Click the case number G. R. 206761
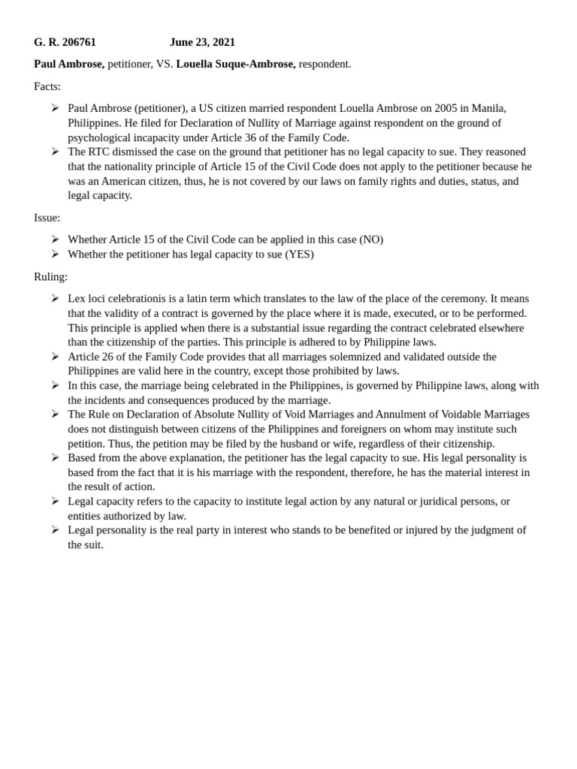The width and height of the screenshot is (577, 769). pos(65,42)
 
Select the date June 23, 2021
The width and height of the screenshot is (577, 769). pos(202,42)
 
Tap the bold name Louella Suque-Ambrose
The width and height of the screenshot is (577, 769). pos(235,64)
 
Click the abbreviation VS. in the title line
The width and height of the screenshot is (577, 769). pos(164,64)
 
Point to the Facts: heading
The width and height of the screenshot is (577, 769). pos(47,86)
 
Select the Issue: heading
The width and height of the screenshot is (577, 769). pos(47,218)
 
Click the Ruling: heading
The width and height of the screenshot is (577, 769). pos(50,276)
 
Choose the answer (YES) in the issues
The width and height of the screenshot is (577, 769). pos(299,255)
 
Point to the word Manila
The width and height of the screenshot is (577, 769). pos(488,108)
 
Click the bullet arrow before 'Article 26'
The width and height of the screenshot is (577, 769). pos(55,357)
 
